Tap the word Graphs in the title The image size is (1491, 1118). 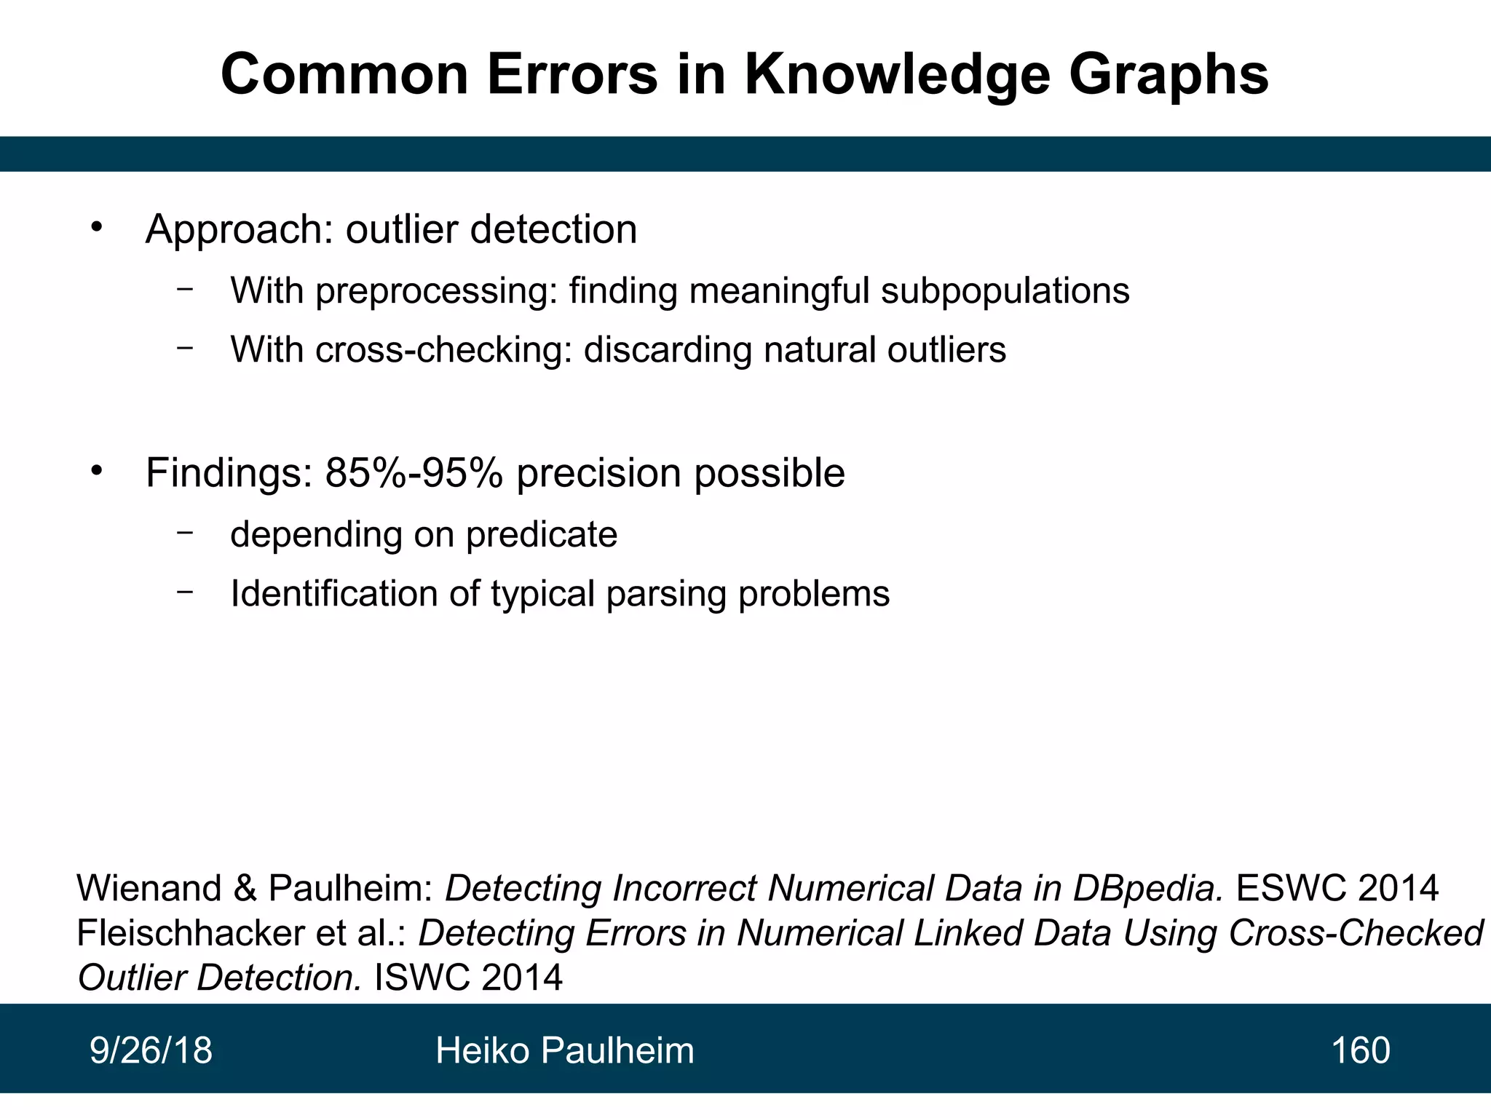pos(1168,76)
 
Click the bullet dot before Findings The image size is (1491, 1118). pos(97,472)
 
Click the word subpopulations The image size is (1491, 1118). pos(1005,291)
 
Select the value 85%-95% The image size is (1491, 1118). pos(414,473)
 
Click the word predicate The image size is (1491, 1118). pos(542,535)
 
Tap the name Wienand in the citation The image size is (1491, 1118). pos(149,889)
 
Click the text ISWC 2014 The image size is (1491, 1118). pos(468,978)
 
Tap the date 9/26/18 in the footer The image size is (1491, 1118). pos(151,1051)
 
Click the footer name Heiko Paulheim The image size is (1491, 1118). pos(565,1051)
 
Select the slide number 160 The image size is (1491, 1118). pos(1360,1051)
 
